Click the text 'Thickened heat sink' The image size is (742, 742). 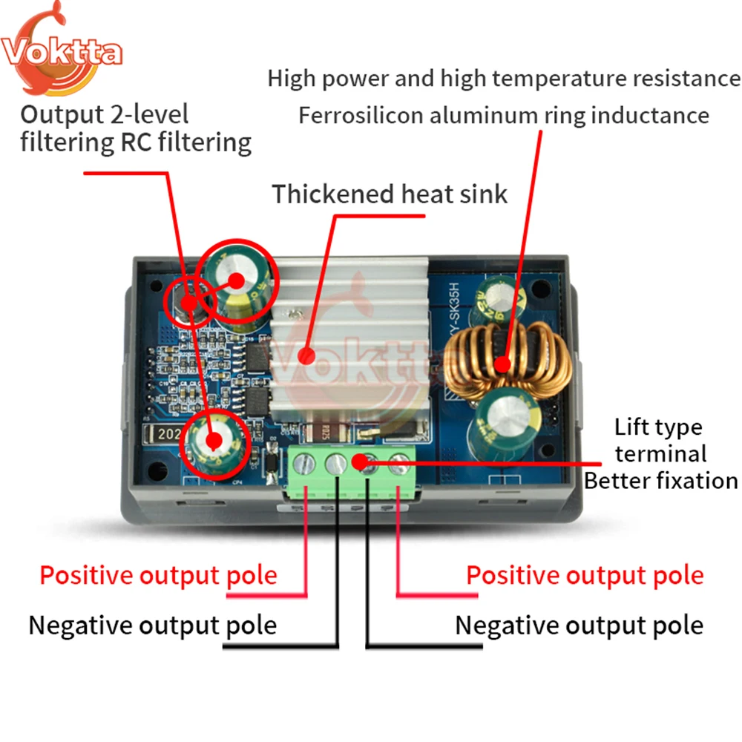390,194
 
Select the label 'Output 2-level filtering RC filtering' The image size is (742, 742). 136,128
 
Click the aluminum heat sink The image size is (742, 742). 350,340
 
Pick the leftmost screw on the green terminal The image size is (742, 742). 303,464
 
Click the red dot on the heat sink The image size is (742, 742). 306,356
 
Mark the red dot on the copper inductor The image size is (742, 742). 502,364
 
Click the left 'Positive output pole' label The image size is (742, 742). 159,576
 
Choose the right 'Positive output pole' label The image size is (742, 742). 585,576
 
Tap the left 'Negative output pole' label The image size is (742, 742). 153,626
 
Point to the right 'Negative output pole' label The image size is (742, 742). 580,626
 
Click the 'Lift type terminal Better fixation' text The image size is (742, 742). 660,453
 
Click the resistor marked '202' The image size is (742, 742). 164,433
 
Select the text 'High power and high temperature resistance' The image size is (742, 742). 504,79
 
